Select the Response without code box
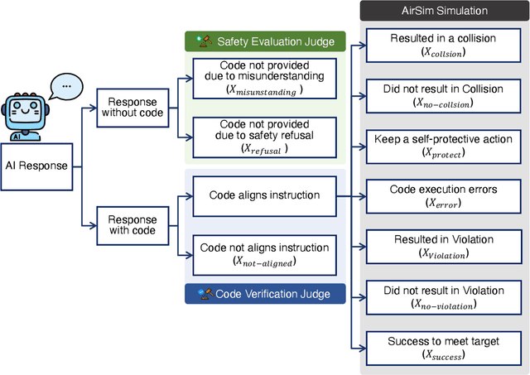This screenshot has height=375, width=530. click(x=131, y=106)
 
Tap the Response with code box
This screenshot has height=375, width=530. click(x=131, y=224)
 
